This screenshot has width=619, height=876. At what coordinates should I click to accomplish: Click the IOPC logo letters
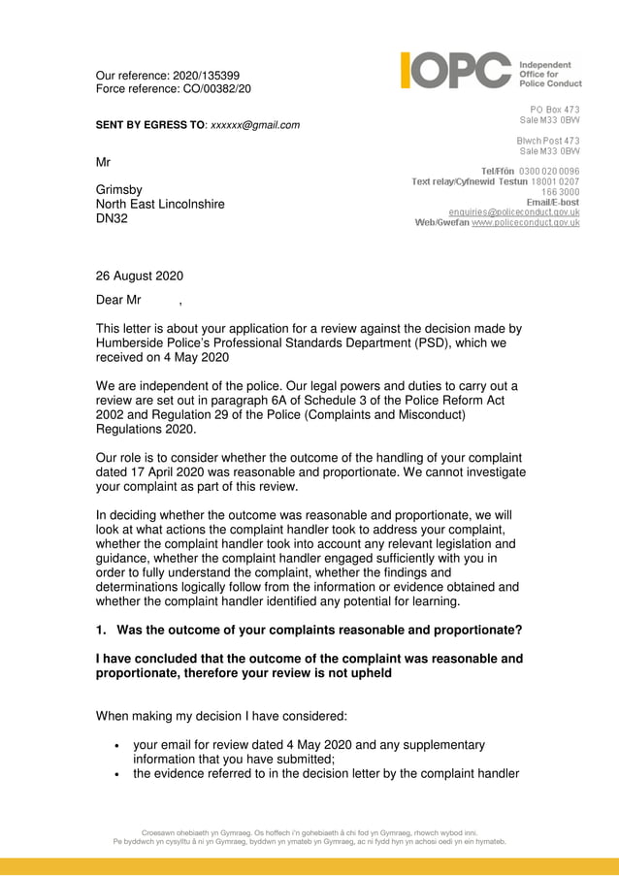tap(455, 71)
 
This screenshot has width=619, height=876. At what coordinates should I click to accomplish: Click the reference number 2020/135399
tap(205, 76)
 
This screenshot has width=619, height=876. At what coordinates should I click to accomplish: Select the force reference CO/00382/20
tap(213, 89)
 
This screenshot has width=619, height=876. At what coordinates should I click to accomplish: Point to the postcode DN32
tap(113, 218)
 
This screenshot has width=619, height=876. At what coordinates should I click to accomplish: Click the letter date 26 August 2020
tap(140, 276)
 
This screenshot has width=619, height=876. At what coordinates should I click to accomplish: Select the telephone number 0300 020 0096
tap(549, 171)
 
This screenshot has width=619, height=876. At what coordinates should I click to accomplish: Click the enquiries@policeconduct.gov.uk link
tap(513, 211)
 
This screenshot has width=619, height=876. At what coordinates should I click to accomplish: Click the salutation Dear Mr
tap(118, 300)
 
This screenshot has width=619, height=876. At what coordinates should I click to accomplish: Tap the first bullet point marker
tap(117, 746)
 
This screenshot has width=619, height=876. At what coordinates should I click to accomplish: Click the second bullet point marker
tap(117, 774)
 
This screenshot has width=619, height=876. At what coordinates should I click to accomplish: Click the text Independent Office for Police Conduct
tap(551, 74)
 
